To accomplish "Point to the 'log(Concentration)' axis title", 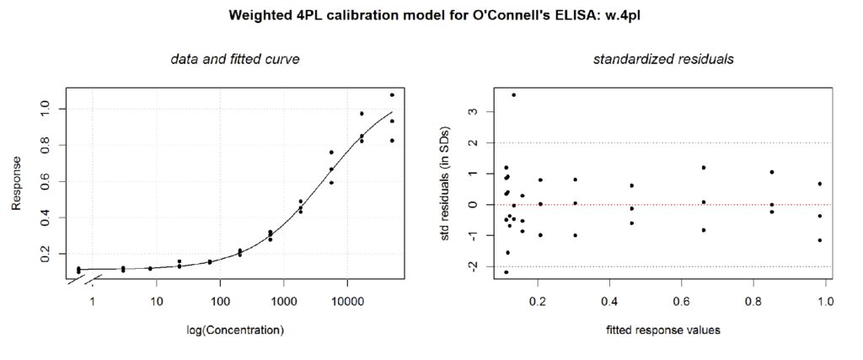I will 235,330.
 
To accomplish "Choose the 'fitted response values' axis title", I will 649,330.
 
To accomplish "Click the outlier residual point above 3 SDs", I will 513,94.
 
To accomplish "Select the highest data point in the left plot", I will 392,94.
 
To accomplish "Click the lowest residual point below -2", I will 506,272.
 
